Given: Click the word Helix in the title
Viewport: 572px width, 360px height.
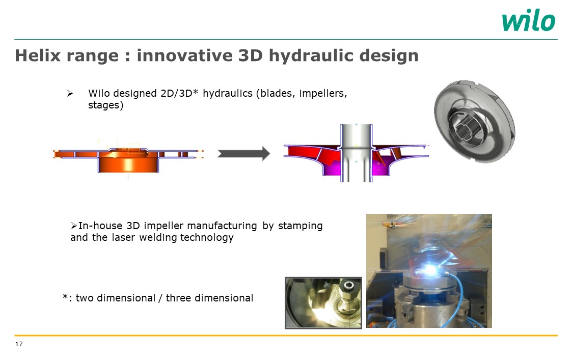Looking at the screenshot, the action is point(38,56).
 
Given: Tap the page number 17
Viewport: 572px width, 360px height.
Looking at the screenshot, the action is point(19,344).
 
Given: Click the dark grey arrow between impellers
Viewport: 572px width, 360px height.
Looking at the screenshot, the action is point(243,154).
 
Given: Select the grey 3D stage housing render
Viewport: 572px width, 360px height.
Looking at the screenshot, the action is point(475,121).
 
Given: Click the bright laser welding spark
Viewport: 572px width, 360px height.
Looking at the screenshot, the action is point(430,270).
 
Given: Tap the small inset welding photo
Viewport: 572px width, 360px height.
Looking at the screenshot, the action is point(323,303).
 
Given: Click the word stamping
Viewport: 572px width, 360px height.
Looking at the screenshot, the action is point(300,226).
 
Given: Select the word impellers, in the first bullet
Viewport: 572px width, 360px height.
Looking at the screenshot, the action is point(323,94).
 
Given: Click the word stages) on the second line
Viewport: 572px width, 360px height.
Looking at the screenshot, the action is point(106,105).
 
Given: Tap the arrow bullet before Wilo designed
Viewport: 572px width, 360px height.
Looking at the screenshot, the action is point(70,94).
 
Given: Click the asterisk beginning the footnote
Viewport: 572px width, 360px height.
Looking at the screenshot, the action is point(65,297).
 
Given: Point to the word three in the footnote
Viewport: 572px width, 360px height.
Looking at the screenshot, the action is point(178,298).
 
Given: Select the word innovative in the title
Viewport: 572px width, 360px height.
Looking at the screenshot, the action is point(184,56).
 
